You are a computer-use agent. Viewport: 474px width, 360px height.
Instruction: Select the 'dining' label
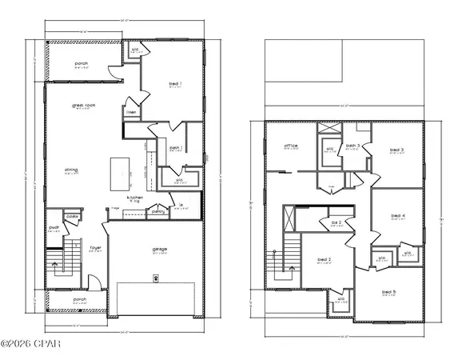pos(70,170)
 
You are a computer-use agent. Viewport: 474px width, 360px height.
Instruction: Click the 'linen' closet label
pos(130,114)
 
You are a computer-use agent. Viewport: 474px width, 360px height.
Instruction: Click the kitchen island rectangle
pos(119,170)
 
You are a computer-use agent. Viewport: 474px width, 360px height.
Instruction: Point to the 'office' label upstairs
pos(291,146)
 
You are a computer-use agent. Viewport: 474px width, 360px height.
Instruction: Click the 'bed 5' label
pos(388,292)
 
